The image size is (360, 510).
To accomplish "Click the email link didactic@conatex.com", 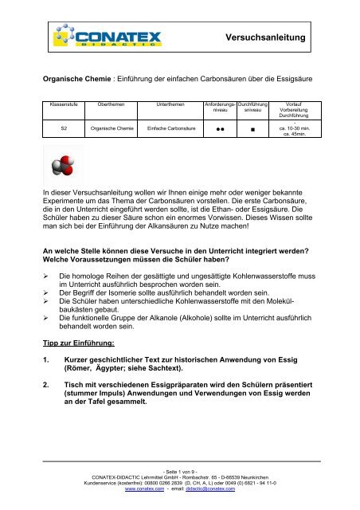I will tap(208, 490).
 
